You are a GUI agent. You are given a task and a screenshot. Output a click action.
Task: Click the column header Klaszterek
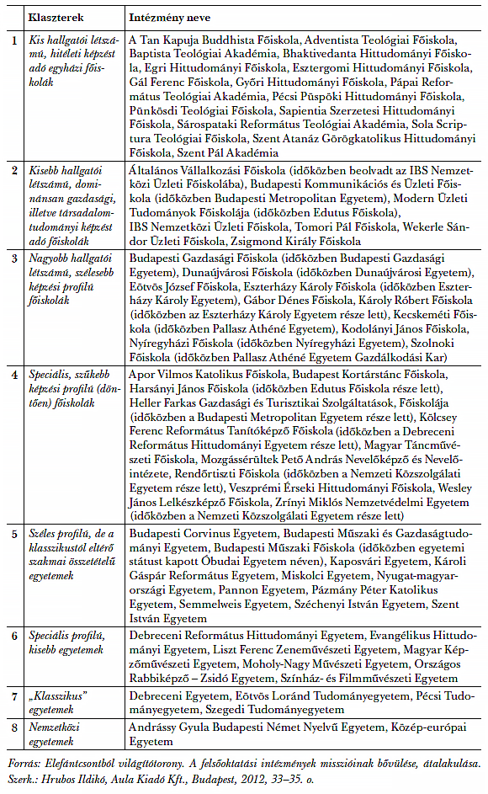(55, 16)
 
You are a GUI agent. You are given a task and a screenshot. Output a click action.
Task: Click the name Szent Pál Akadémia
(227, 153)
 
